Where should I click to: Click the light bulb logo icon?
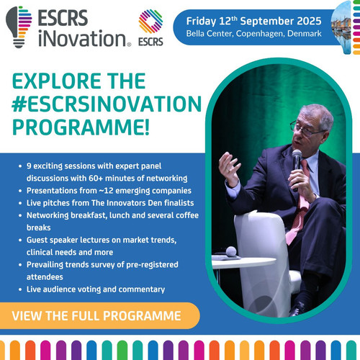(x=19, y=27)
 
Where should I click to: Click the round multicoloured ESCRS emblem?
(x=150, y=21)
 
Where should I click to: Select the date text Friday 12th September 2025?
(x=253, y=21)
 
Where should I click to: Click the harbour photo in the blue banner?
(x=341, y=28)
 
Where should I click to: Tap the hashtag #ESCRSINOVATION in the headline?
(x=107, y=104)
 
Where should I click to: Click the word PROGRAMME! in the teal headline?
(x=81, y=127)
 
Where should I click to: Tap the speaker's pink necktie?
(x=299, y=204)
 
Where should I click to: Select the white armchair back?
(x=261, y=259)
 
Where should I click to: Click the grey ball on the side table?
(x=231, y=251)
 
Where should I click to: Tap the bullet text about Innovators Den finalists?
(x=110, y=203)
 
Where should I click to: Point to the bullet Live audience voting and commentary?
(x=96, y=289)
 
